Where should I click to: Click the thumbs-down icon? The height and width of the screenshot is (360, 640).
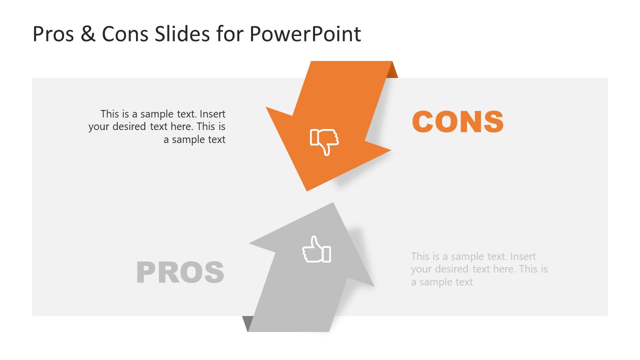coord(324,141)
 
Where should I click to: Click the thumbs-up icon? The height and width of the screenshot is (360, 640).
coord(316,249)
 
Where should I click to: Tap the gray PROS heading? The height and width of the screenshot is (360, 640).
coord(180,272)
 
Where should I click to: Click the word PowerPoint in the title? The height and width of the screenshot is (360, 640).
coord(305,34)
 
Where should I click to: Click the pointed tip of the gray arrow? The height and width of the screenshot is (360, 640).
coord(332,204)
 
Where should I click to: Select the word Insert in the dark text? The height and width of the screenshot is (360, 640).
coord(212,114)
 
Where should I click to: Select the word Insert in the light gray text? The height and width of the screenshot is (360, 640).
coord(523,256)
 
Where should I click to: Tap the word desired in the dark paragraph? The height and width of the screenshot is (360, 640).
coord(131,127)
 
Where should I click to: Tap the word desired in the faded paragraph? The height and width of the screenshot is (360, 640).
coord(453,269)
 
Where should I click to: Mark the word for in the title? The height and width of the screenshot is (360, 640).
coord(228,34)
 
